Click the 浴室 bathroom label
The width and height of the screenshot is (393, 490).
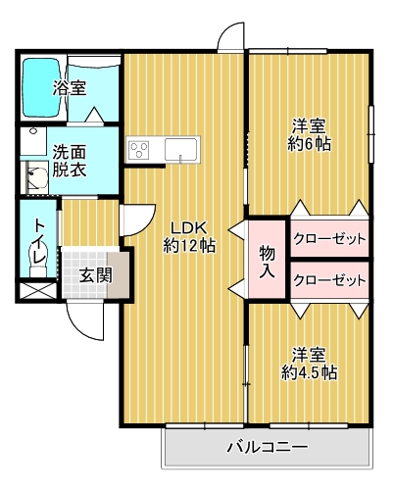(x=70, y=88)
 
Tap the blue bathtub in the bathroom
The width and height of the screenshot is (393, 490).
(x=41, y=87)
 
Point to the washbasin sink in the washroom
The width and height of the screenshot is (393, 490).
(x=36, y=177)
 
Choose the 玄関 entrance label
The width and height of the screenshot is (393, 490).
(x=96, y=275)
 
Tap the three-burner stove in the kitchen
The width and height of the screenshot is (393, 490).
(x=139, y=150)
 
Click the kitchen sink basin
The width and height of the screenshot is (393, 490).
(x=180, y=149)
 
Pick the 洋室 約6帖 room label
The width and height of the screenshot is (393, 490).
(x=309, y=135)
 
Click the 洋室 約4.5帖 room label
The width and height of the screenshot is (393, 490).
(x=309, y=364)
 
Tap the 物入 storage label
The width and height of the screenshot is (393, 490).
(x=268, y=263)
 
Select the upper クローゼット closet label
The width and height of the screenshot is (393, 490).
(x=329, y=239)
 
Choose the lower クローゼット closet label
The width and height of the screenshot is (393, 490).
(x=329, y=280)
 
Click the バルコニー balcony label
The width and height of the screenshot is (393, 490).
(x=268, y=447)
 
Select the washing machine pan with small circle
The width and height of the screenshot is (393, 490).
(x=33, y=141)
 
